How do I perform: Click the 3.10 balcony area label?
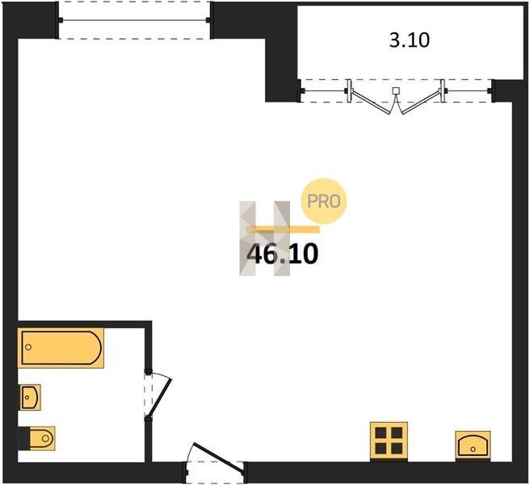[410, 40]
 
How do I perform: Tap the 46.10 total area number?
[283, 255]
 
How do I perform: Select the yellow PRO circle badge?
[324, 201]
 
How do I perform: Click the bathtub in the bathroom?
[61, 348]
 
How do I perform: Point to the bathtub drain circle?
[28, 347]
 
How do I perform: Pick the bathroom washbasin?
[30, 398]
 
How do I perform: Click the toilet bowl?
[42, 438]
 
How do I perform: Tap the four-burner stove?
[389, 441]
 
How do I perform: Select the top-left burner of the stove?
[381, 432]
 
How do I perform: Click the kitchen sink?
[473, 445]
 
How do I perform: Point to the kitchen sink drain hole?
[473, 449]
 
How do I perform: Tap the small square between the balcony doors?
[396, 91]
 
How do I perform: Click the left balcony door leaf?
[372, 102]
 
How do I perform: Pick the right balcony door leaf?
[421, 102]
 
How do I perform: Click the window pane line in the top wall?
[135, 20]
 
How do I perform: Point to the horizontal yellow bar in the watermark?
[284, 230]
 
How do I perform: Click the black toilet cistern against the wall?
[23, 439]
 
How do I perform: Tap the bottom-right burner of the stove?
[397, 449]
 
